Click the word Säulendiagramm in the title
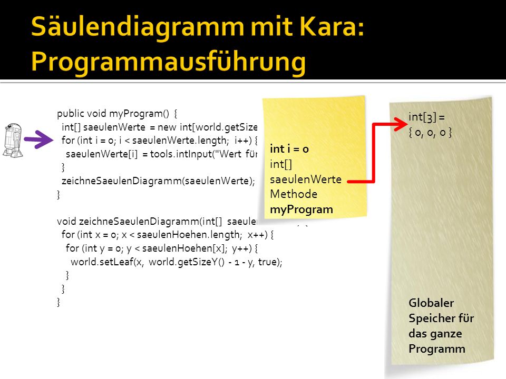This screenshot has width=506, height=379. pyautogui.click(x=138, y=27)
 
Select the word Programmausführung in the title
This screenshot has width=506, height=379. pyautogui.click(x=168, y=62)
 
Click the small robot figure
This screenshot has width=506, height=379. pyautogui.click(x=13, y=140)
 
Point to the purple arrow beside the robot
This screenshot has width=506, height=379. pyautogui.click(x=38, y=139)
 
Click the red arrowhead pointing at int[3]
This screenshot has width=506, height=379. pyautogui.click(x=401, y=124)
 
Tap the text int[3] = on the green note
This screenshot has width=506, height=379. pyautogui.click(x=426, y=117)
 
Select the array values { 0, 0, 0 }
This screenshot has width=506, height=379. pyautogui.click(x=430, y=132)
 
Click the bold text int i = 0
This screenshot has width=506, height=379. pyautogui.click(x=289, y=148)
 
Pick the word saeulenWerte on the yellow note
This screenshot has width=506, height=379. pyautogui.click(x=306, y=179)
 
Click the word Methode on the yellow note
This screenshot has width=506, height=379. pyautogui.click(x=294, y=194)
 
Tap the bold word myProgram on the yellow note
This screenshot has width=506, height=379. pyautogui.click(x=301, y=210)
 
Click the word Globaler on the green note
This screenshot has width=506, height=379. pyautogui.click(x=431, y=303)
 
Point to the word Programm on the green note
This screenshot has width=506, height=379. pyautogui.click(x=437, y=349)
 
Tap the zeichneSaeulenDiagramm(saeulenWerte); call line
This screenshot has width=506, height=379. pyautogui.click(x=158, y=181)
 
